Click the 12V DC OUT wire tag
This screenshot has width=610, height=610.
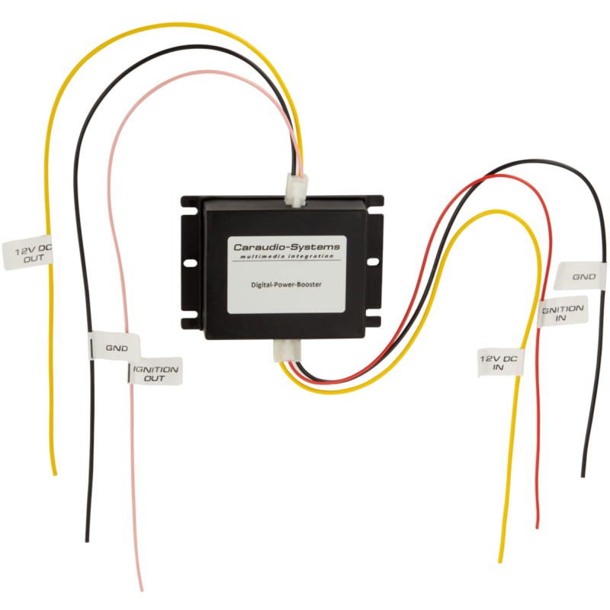point(27,252)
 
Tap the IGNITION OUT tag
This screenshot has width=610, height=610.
point(156,371)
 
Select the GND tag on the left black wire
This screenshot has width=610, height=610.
point(114,346)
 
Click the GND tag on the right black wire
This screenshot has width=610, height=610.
point(579,276)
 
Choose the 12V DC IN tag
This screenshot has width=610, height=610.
point(500,363)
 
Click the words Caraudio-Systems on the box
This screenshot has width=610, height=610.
point(287,246)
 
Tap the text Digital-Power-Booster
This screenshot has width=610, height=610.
point(287,284)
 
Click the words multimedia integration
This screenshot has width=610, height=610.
point(287,256)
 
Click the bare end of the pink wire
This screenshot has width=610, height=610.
point(141,589)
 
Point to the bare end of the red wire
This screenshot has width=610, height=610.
point(538,525)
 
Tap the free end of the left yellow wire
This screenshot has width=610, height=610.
point(55,473)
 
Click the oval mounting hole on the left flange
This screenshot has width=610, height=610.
point(190,263)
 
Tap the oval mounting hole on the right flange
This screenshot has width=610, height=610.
point(373,262)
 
